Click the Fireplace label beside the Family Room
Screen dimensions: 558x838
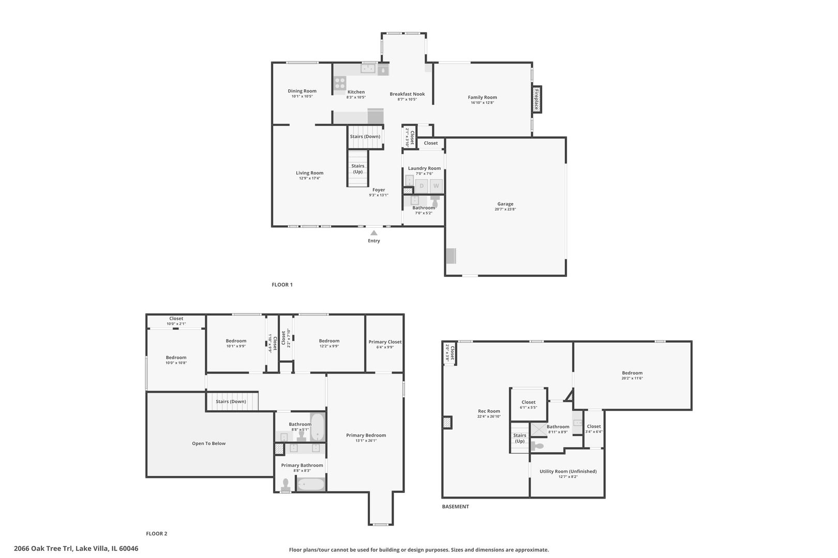pyautogui.click(x=536, y=99)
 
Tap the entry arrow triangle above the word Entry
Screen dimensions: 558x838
pyautogui.click(x=373, y=233)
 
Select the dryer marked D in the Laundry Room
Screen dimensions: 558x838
pyautogui.click(x=422, y=186)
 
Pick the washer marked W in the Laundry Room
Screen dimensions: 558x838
pyautogui.click(x=436, y=186)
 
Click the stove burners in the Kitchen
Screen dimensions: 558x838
pyautogui.click(x=339, y=83)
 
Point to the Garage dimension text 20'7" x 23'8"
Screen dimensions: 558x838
pyautogui.click(x=505, y=209)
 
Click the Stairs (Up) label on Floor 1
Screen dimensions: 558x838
pyautogui.click(x=358, y=168)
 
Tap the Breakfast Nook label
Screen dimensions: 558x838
pyautogui.click(x=407, y=94)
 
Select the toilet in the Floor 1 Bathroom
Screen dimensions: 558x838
pyautogui.click(x=435, y=201)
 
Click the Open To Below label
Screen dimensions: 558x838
pyautogui.click(x=208, y=443)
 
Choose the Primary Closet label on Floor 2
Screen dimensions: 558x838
pyautogui.click(x=385, y=342)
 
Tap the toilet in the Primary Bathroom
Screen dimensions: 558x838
pyautogui.click(x=285, y=485)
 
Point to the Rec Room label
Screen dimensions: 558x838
pyautogui.click(x=489, y=411)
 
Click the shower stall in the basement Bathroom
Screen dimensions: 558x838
pyautogui.click(x=540, y=430)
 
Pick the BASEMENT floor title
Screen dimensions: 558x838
pyautogui.click(x=455, y=507)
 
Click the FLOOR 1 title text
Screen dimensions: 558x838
pyautogui.click(x=282, y=285)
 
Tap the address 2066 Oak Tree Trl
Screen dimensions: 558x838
pyautogui.click(x=44, y=549)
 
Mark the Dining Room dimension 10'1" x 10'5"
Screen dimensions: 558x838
pyautogui.click(x=302, y=97)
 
